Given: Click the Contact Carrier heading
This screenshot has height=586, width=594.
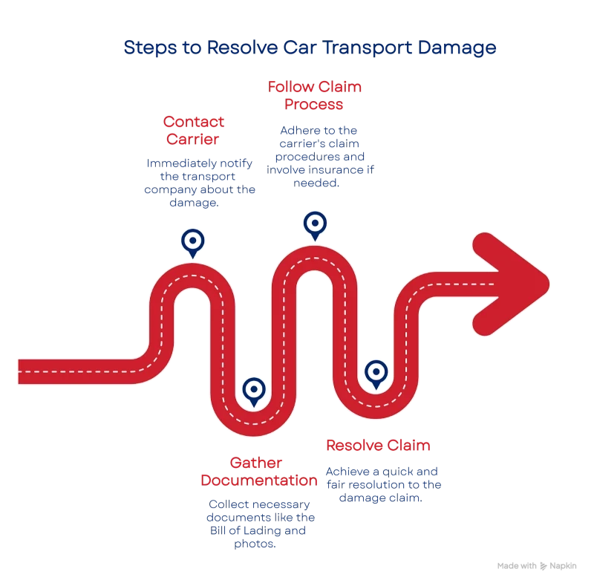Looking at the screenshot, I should tap(194, 129).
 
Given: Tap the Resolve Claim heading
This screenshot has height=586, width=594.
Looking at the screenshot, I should tap(379, 446).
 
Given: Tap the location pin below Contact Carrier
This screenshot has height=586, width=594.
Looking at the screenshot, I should tap(193, 242).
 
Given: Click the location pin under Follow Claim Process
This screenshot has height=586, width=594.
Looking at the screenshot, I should tap(315, 224).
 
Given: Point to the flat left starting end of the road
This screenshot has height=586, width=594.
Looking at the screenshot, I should tap(22, 371).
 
